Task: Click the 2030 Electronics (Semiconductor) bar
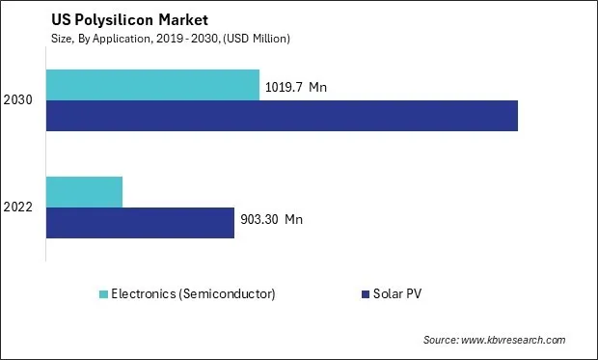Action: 152,85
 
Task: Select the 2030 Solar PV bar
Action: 282,115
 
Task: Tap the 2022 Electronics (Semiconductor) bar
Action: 84,192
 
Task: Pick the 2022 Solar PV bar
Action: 140,222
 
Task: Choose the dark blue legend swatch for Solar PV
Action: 365,293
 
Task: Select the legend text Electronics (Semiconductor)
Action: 193,293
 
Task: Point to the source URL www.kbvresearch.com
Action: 512,340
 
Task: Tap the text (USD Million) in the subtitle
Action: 257,38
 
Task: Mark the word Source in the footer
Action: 440,340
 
